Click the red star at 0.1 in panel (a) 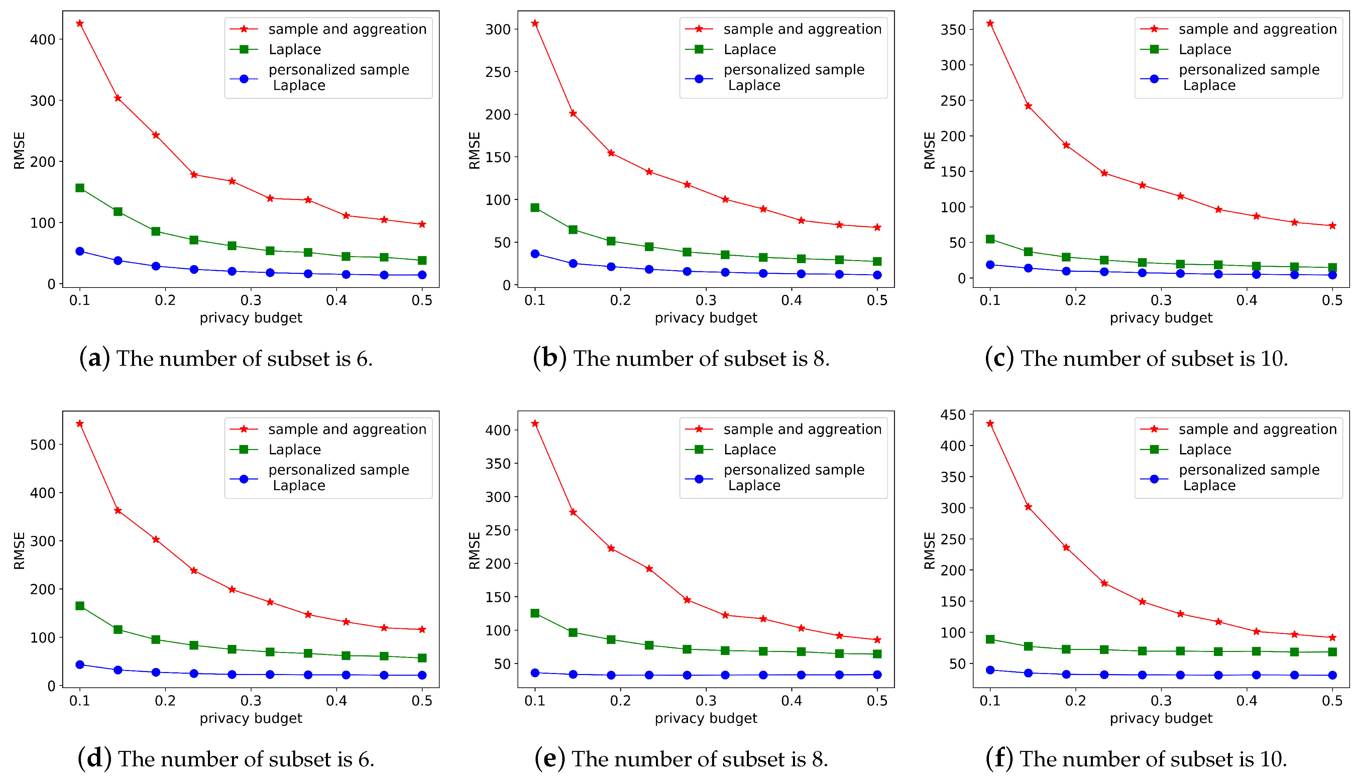[80, 23]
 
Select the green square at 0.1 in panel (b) [535, 208]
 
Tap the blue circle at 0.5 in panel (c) [1332, 275]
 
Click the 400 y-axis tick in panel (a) [43, 39]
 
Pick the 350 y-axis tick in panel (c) [953, 30]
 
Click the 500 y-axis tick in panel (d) [43, 445]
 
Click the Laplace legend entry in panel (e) [749, 449]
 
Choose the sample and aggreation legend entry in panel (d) [347, 429]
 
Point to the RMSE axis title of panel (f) [929, 551]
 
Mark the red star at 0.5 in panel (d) [422, 630]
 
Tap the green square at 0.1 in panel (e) [535, 613]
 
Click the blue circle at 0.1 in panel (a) [80, 251]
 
